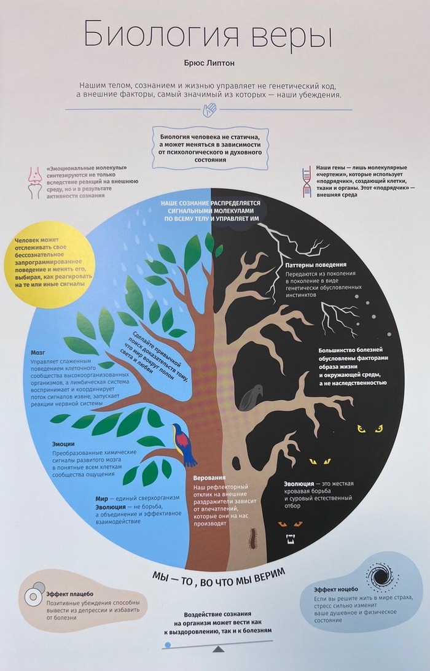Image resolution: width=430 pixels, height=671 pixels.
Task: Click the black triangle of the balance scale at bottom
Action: tap(218, 648)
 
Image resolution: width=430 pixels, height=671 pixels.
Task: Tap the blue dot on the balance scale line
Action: tap(168, 645)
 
